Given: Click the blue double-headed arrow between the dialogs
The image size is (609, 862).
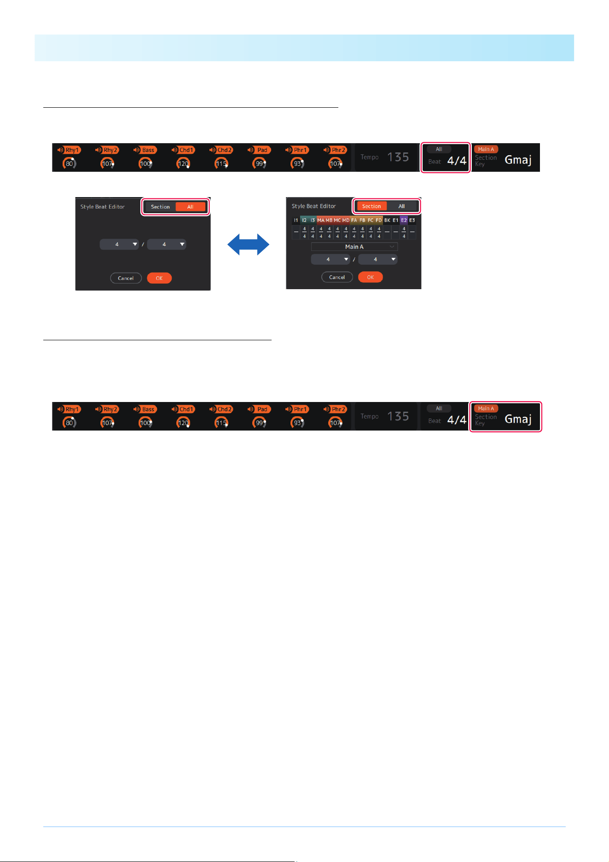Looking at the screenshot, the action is (x=248, y=245).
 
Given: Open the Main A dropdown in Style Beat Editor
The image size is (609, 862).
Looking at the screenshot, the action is (x=354, y=247).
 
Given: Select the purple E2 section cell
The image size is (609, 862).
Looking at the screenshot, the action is (x=404, y=220).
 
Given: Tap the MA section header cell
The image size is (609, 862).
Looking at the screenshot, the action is (x=321, y=220).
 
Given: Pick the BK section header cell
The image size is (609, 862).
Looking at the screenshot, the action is (x=387, y=220).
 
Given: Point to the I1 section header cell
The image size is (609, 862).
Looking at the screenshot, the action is (x=296, y=220).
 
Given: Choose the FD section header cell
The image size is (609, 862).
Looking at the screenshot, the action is (x=379, y=220).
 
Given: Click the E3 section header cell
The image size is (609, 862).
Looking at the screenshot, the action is (x=412, y=220).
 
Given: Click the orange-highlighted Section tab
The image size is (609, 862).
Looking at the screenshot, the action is (x=371, y=206).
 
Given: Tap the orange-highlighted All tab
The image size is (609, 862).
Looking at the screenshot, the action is (x=190, y=207).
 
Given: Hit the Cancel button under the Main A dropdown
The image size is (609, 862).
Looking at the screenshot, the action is (x=337, y=277).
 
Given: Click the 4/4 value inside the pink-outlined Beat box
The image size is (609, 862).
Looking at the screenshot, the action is (x=457, y=161).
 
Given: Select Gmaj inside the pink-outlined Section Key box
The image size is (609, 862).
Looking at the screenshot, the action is (x=518, y=419).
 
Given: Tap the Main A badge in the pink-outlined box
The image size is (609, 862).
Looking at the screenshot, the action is (x=486, y=408).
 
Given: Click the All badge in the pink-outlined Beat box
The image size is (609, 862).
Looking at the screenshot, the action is (x=439, y=149).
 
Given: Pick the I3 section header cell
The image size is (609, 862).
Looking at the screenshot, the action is (x=313, y=220).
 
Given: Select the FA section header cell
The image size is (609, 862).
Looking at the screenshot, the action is (x=354, y=220).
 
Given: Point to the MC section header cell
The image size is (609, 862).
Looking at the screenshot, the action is (x=337, y=220).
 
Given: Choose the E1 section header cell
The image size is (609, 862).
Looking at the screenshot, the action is (x=395, y=220).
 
